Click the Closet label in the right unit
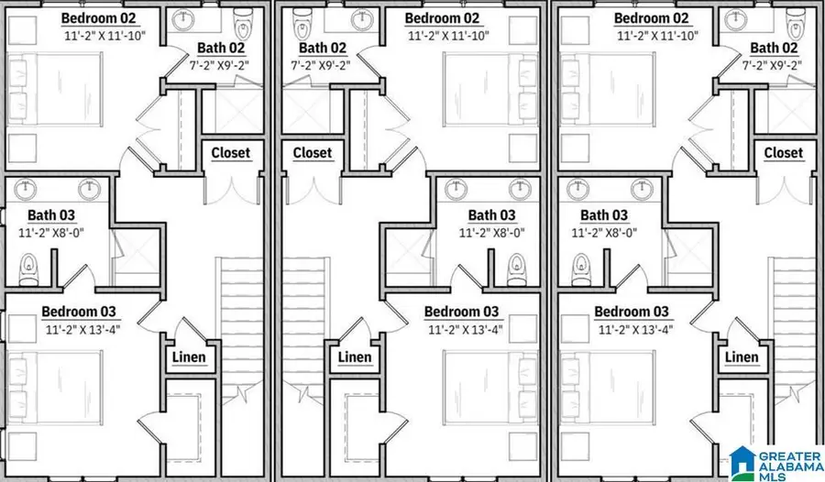[x=783, y=153]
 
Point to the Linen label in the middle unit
[x=355, y=357]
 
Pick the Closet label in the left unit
[x=231, y=153]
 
